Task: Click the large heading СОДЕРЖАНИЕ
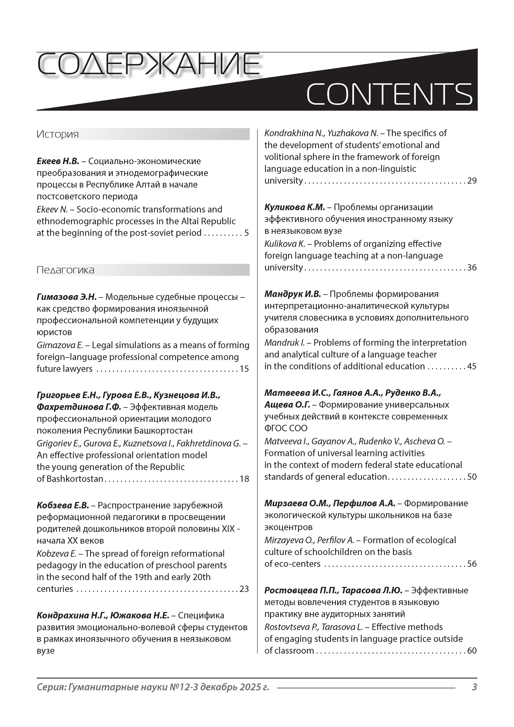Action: [148, 65]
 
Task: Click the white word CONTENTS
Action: [389, 94]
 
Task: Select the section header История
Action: [58, 134]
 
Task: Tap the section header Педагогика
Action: [65, 270]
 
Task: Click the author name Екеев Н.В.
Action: [58, 161]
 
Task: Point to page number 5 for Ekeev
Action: [246, 233]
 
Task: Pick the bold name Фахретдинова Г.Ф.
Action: [79, 407]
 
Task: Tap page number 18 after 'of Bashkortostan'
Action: [244, 479]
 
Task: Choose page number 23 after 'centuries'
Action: [244, 589]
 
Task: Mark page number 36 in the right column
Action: [472, 268]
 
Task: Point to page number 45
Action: [472, 366]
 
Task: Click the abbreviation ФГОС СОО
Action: [286, 428]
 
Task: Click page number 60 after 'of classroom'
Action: [472, 651]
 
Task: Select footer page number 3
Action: [474, 687]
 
